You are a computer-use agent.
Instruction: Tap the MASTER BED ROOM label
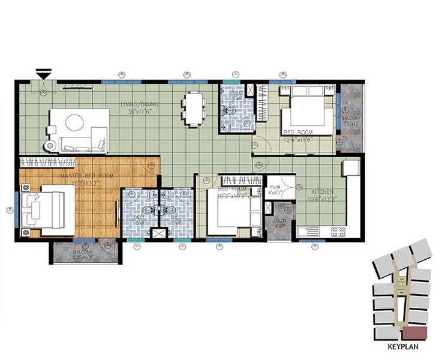tap(88, 175)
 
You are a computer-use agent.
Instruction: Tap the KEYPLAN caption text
tap(402, 346)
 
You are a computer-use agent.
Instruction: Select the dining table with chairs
tap(193, 108)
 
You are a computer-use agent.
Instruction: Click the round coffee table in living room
tap(74, 123)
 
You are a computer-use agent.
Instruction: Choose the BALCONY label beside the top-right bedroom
tap(351, 119)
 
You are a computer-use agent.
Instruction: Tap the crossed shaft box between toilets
tap(160, 235)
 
